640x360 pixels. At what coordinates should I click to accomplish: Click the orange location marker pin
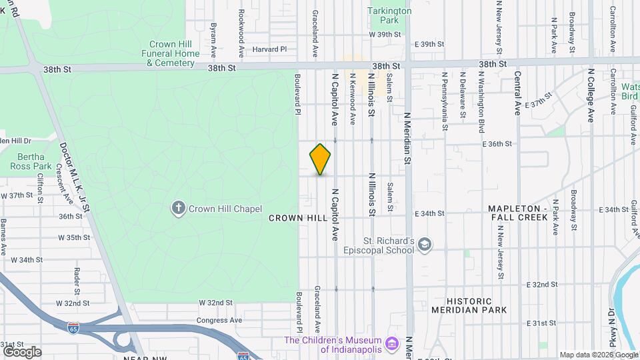pyautogui.click(x=320, y=159)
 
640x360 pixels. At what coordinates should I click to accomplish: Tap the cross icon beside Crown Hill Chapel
pyautogui.click(x=179, y=208)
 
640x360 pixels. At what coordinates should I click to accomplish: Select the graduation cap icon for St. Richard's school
pyautogui.click(x=425, y=245)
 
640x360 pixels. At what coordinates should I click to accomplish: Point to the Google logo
pyautogui.click(x=22, y=351)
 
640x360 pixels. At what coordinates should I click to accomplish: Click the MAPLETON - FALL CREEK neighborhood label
pyautogui.click(x=517, y=213)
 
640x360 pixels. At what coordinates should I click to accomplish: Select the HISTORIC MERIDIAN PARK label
pyautogui.click(x=469, y=305)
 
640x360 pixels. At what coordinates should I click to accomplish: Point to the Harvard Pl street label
pyautogui.click(x=269, y=49)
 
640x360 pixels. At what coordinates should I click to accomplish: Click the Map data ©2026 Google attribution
pyautogui.click(x=598, y=355)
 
